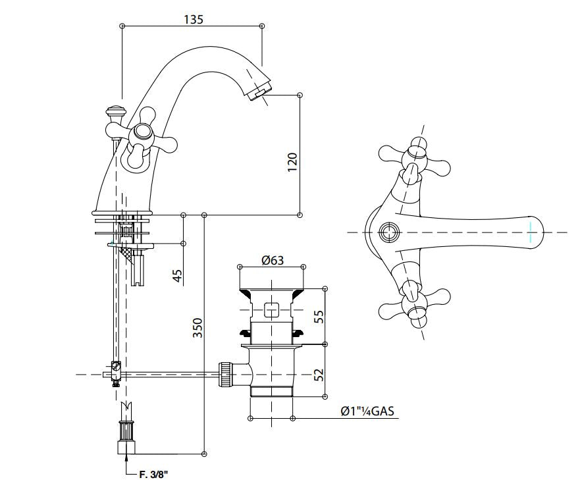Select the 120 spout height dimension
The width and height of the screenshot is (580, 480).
coord(292,161)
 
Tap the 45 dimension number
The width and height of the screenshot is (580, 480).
coord(176,275)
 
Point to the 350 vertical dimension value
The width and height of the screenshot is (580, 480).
coord(198,328)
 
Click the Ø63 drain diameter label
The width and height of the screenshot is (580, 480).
coord(272,259)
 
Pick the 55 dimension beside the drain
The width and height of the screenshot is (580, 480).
coord(318,315)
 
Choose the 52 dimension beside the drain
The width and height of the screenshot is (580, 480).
coord(318,375)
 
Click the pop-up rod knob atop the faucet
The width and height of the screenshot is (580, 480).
coord(117,111)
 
